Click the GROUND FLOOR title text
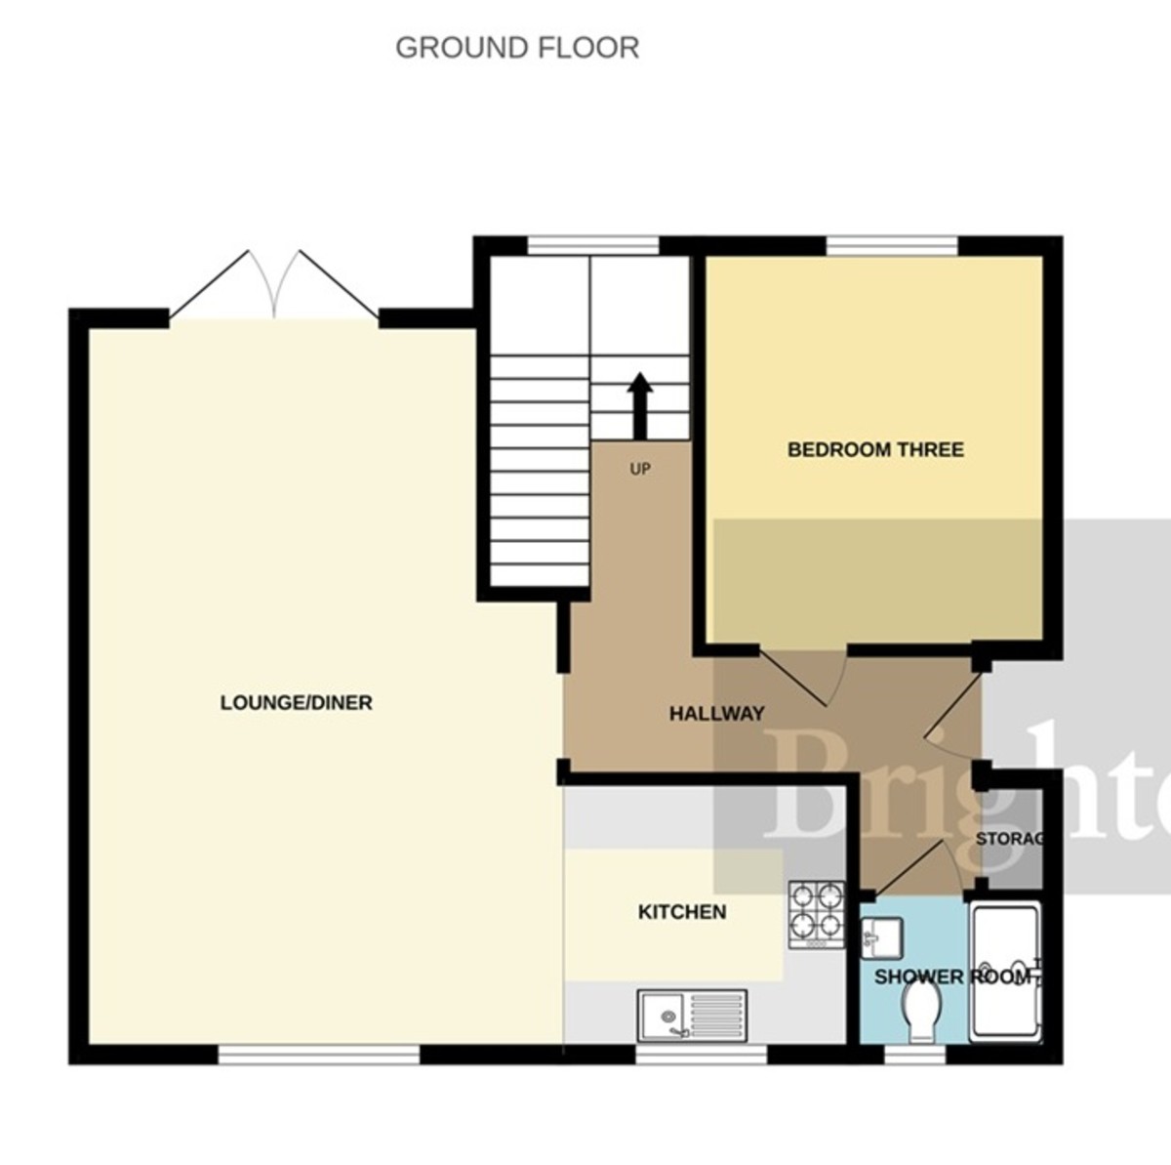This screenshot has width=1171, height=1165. [517, 48]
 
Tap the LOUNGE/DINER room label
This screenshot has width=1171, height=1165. [296, 702]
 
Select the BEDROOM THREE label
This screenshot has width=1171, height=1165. [875, 449]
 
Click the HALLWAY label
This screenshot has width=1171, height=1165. [716, 714]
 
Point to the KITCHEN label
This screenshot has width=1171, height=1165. [682, 912]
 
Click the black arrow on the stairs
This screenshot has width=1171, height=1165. [640, 405]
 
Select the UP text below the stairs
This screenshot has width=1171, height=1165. [640, 470]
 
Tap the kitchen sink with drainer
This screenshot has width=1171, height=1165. [693, 1015]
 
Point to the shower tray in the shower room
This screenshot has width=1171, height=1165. [1006, 973]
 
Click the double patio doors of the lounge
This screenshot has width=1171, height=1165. [274, 289]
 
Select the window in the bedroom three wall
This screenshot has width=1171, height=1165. [892, 245]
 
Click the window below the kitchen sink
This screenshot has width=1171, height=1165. [701, 1055]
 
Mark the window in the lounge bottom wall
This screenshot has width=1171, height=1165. [318, 1055]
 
